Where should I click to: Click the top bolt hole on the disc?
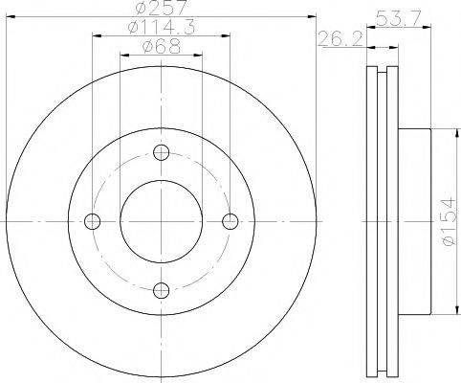click(x=161, y=152)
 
